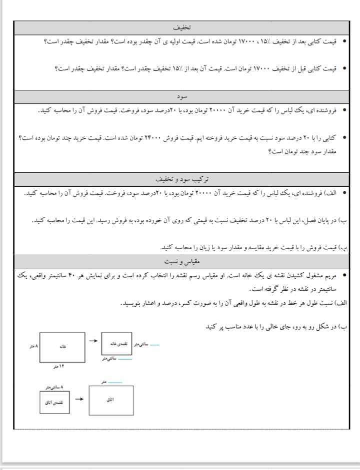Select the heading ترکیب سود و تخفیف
pos(181,178)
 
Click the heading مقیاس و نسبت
pos(181,261)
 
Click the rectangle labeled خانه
pos(62,347)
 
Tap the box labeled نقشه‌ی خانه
pos(116,344)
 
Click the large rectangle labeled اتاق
pos(110,400)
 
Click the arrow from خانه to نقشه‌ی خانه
pos(93,341)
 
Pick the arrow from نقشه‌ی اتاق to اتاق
pos(78,399)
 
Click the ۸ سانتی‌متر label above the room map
pos(54,387)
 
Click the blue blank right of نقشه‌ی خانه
pos(153,344)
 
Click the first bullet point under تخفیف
pos(344,41)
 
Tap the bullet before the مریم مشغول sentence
pos(344,275)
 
